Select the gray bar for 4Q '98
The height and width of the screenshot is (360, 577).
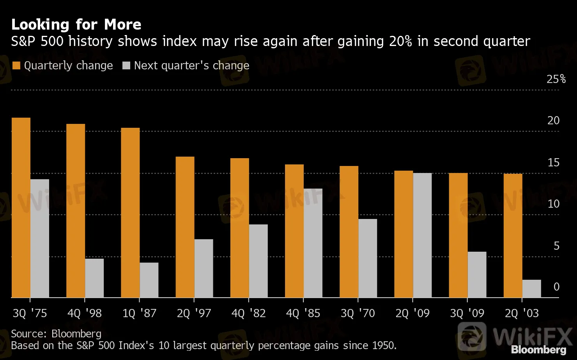pos(94,278)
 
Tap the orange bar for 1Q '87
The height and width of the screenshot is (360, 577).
pos(130,213)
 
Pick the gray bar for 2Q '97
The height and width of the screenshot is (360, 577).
pos(204,268)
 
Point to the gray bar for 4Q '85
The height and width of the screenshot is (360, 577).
pos(313,243)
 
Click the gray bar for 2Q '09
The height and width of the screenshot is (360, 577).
pos(422,235)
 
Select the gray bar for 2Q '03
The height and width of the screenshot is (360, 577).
pos(531,289)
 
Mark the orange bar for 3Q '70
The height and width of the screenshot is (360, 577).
pos(349,232)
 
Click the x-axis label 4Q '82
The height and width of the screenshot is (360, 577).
pos(248,313)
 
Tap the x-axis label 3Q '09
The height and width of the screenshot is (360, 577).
pos(467,313)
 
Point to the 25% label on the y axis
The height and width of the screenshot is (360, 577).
pos(556,79)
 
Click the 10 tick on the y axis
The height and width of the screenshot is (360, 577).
pos(553,204)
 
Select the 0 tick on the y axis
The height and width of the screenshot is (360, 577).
pos(556,287)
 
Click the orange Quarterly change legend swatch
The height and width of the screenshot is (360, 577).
pos(16,65)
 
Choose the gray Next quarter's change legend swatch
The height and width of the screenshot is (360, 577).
pos(126,65)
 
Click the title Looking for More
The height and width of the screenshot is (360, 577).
pos(76,25)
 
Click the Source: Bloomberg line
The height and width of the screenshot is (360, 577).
pos(56,334)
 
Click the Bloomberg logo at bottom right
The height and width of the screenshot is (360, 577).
pos(538,349)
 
